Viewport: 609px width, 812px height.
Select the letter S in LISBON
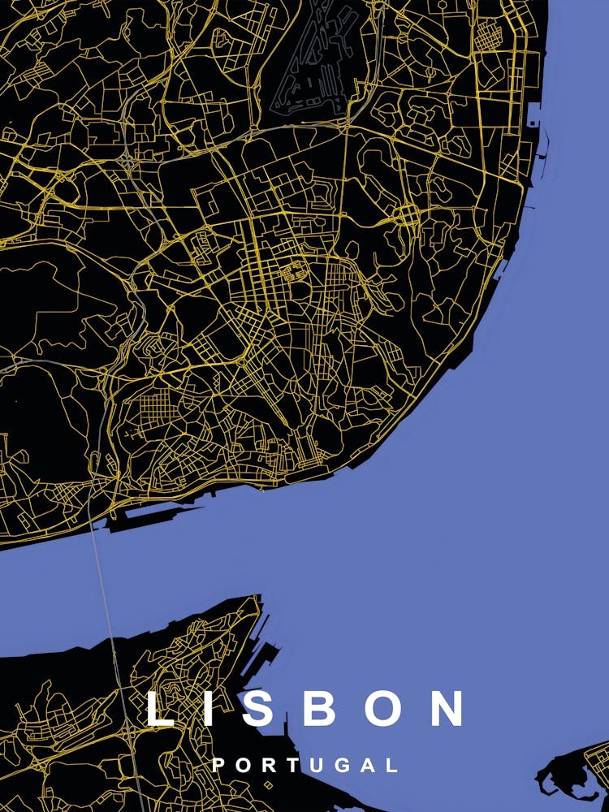[261, 708]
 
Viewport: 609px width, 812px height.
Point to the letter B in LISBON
[322, 708]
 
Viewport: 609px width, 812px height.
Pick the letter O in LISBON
[382, 708]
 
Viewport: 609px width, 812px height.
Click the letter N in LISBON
[446, 708]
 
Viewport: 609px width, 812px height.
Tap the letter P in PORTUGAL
[218, 765]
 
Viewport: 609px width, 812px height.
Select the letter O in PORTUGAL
[243, 765]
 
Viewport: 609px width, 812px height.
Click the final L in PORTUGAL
[392, 765]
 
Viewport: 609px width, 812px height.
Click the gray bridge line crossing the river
[103, 585]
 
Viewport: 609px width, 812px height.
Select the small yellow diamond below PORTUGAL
[268, 785]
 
